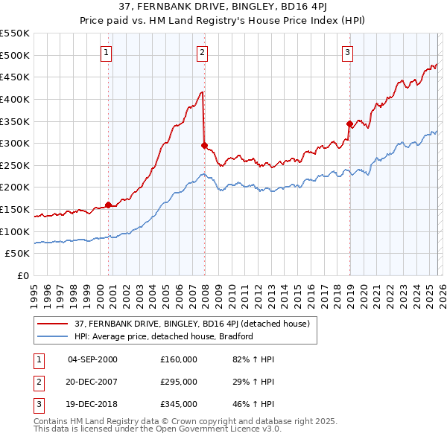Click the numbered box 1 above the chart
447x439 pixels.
[107, 53]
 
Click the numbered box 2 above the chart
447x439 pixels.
[203, 53]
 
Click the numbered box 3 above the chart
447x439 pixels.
[348, 53]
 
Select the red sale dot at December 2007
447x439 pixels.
[204, 146]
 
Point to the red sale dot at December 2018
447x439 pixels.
[349, 124]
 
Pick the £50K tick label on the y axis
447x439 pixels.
[18, 253]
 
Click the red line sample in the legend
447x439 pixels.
[53, 324]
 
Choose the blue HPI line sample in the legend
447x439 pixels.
[53, 336]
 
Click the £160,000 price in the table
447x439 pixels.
[179, 359]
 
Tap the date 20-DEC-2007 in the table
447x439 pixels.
[92, 382]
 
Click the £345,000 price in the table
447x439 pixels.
[179, 404]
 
